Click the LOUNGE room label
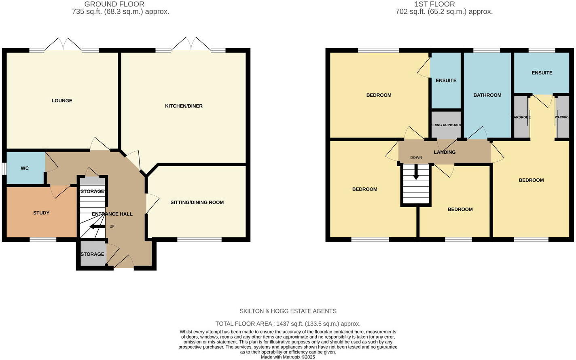(x=62, y=101)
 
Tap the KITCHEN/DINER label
(x=184, y=106)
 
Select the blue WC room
(x=25, y=168)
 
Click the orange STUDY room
(x=41, y=213)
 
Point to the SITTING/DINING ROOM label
(x=197, y=202)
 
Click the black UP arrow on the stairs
(x=97, y=227)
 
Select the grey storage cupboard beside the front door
(x=93, y=254)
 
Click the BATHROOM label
(x=487, y=95)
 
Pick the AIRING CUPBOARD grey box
(x=446, y=125)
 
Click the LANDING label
(x=445, y=152)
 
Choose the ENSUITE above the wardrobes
(x=542, y=73)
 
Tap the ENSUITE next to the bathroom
(x=446, y=80)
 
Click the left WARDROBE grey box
(x=521, y=117)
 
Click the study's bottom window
(x=43, y=240)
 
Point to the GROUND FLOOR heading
(x=114, y=4)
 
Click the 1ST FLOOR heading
(x=435, y=4)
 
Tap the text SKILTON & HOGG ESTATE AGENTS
(x=288, y=311)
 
